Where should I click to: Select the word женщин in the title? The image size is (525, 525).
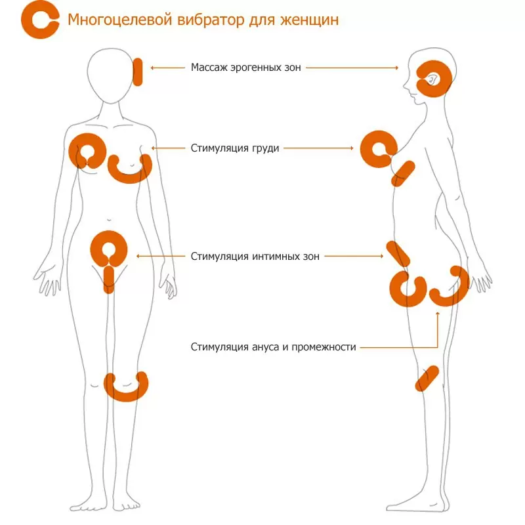pyautogui.click(x=312, y=20)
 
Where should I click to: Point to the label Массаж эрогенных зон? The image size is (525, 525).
pyautogui.click(x=246, y=67)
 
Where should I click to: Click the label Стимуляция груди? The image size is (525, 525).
pyautogui.click(x=235, y=148)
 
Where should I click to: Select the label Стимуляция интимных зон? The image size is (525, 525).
pyautogui.click(x=255, y=257)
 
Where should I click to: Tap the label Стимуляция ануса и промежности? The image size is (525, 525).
pyautogui.click(x=274, y=346)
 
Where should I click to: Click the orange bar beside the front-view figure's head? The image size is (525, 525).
pyautogui.click(x=138, y=72)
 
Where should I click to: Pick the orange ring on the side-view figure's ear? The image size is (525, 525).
pyautogui.click(x=434, y=79)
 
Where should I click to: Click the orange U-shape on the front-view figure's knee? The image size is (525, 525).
pyautogui.click(x=127, y=387)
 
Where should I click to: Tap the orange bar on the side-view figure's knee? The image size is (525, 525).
pyautogui.click(x=427, y=379)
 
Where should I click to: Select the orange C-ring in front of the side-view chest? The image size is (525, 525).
pyautogui.click(x=375, y=150)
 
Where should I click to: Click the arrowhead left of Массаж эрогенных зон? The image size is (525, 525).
pyautogui.click(x=153, y=67)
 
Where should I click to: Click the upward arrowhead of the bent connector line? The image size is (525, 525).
pyautogui.click(x=437, y=314)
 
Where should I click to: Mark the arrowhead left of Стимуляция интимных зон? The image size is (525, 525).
pyautogui.click(x=137, y=257)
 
